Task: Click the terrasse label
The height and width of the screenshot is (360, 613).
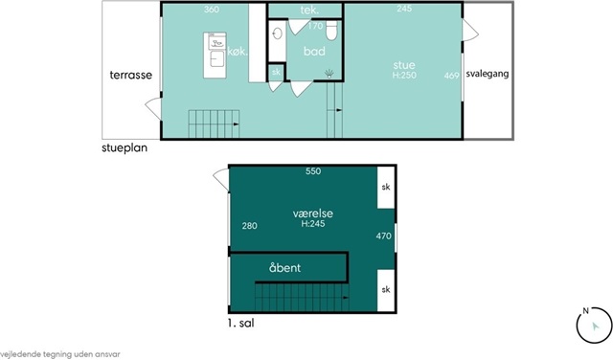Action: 130,75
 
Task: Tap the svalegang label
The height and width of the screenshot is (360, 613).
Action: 488,74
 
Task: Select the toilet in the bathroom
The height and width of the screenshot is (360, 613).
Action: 331,31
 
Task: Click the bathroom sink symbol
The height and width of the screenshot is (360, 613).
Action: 277,34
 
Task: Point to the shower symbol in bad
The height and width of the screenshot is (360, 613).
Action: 329,74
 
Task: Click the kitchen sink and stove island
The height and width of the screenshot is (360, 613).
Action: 215,56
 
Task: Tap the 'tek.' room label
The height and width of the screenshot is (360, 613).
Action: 309,11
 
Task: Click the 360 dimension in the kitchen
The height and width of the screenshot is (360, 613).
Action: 212,10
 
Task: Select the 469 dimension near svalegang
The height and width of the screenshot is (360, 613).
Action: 451,76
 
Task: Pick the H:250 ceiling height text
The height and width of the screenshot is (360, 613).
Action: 404,75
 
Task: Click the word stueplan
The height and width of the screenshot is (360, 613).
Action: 125,148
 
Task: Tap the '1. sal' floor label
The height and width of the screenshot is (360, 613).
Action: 240,324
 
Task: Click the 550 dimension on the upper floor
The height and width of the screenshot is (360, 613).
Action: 313,171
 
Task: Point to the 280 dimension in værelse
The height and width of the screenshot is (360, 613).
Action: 249,226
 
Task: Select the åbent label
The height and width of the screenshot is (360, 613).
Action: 285,268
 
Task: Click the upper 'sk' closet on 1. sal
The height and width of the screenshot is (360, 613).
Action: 386,188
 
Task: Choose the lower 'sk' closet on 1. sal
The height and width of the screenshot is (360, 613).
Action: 386,290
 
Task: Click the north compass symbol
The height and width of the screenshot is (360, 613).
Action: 594,326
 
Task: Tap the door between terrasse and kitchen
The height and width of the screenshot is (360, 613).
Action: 154,108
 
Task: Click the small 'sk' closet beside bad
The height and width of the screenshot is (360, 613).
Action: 276,72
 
